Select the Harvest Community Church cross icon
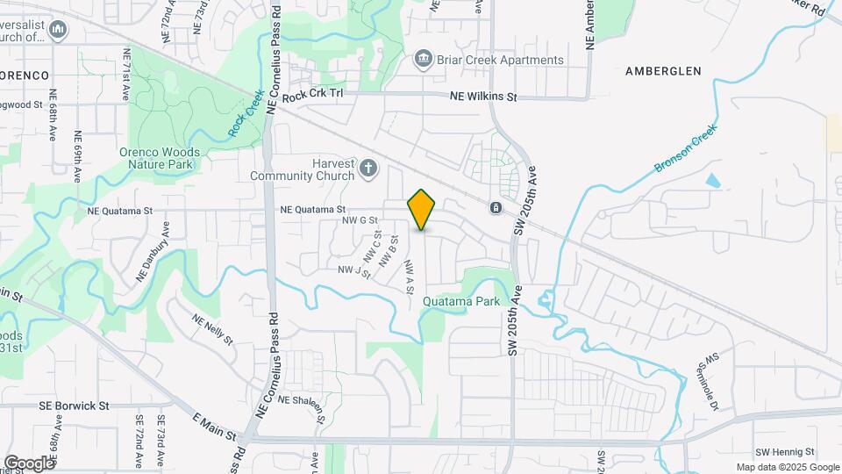[x=369, y=167]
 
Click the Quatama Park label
[x=460, y=301]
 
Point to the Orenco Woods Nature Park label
[x=160, y=158]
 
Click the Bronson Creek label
[x=685, y=148]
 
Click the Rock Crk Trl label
[x=312, y=96]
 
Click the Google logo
[x=29, y=463]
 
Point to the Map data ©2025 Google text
[x=787, y=467]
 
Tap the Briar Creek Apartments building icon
[x=424, y=59]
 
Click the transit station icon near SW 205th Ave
[x=496, y=208]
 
